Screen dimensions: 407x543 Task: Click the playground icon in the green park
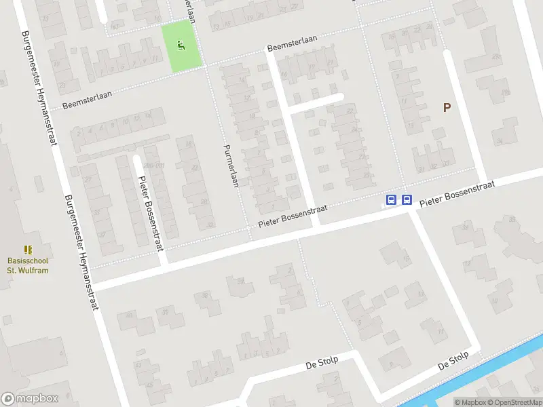coord(181,45)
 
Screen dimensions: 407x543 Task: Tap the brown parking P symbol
coord(447,107)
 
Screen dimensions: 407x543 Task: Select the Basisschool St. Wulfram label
coord(28,265)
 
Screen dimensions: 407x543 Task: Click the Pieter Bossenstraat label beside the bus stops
coord(456,194)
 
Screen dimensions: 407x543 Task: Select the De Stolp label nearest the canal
coord(453,360)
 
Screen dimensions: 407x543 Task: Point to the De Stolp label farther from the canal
coord(321,364)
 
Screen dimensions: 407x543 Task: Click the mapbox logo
coord(30,399)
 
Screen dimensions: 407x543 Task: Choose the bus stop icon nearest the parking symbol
coord(407,199)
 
